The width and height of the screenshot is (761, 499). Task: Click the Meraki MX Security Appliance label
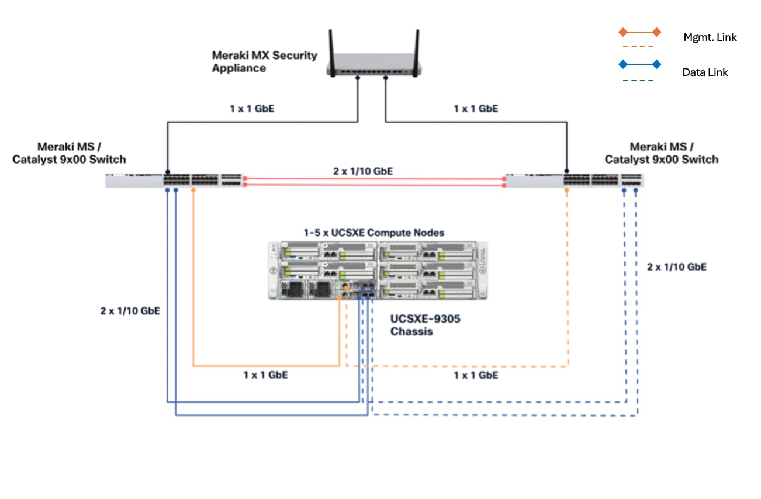tap(264, 62)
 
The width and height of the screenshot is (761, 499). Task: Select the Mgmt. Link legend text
tap(710, 37)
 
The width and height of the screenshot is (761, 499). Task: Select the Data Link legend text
tap(705, 72)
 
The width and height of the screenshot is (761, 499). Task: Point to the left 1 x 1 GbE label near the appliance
tap(252, 109)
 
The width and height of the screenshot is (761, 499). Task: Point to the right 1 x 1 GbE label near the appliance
tap(476, 109)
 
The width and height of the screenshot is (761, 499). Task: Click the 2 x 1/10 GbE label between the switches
tap(362, 171)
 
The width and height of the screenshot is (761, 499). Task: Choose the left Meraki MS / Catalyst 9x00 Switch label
tap(69, 153)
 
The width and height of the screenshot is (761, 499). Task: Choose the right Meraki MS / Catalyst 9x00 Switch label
tap(661, 153)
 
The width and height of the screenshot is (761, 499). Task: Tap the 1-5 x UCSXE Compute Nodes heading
tap(373, 233)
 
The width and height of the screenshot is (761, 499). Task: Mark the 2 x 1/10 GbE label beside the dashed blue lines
tap(676, 266)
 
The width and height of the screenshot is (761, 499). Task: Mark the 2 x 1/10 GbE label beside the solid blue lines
tap(130, 311)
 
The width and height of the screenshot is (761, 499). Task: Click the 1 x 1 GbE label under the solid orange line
tap(265, 375)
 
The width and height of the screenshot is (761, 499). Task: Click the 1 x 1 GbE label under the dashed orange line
tap(476, 375)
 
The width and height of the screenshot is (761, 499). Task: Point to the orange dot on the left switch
tap(193, 190)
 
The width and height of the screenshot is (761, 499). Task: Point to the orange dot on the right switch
tap(567, 190)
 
